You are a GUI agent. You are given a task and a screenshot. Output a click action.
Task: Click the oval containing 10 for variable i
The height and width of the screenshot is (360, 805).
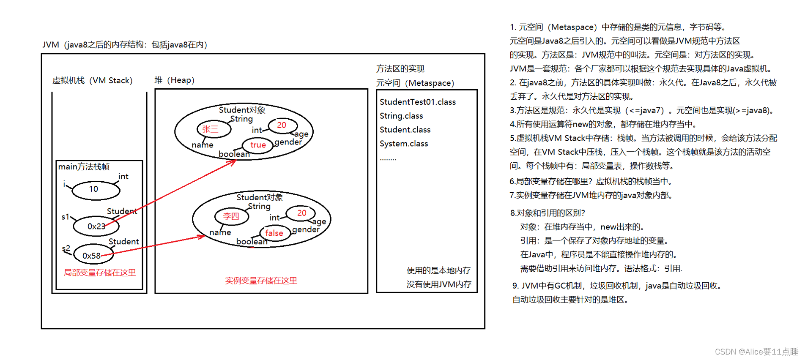96,190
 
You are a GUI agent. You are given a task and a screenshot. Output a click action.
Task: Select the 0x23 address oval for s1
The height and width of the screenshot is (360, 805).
96,226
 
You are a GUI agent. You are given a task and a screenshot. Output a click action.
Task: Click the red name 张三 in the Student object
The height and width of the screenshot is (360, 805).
214,129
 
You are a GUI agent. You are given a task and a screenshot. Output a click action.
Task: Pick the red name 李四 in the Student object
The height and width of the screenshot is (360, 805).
231,216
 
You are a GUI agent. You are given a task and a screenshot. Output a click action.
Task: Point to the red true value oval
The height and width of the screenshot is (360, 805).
257,145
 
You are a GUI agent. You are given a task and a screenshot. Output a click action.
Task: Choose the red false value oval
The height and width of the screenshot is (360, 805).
274,233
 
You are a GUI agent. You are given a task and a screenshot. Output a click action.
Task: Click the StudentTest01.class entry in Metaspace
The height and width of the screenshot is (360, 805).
417,102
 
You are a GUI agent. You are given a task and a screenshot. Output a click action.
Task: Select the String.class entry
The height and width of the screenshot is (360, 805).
401,116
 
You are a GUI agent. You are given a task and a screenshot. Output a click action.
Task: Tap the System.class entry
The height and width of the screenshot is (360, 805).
403,144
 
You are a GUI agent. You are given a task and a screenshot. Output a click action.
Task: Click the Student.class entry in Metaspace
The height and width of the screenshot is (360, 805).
405,130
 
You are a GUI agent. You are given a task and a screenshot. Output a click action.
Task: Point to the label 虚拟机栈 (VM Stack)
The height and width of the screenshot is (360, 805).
92,80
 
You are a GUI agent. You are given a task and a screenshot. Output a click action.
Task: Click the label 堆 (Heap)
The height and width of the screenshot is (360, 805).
174,80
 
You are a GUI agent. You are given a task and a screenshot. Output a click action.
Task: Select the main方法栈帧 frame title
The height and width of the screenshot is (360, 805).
84,166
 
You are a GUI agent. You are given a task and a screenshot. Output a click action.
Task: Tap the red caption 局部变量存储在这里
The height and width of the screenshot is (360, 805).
100,273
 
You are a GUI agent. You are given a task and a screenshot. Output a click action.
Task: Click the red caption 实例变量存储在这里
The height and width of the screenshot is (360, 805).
261,281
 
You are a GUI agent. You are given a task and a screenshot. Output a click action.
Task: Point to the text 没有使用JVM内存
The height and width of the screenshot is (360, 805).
439,284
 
